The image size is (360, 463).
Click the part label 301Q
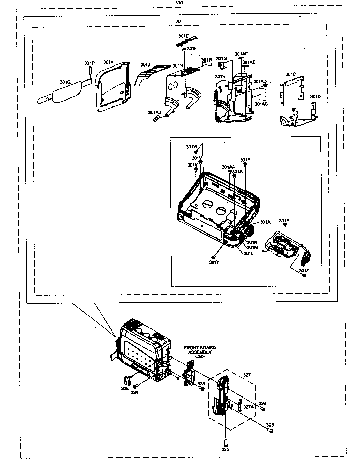coord(65,82)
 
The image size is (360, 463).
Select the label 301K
coord(108,62)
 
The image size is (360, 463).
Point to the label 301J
coord(145,65)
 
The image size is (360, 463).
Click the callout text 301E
coord(183,36)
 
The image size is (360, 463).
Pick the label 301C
coord(290,74)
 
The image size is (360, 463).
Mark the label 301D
coord(315,96)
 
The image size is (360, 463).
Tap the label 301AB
coord(155,112)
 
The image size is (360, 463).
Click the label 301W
coord(191,147)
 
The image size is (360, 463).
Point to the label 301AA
coord(228,167)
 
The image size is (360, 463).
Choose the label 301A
coord(265,222)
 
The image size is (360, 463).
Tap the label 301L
coord(248,253)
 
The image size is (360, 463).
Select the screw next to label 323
coord(203,388)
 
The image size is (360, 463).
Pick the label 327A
coord(248,406)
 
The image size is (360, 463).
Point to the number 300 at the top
coord(178,3)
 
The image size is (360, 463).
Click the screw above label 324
coord(135,386)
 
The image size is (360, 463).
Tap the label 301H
coord(220,76)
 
